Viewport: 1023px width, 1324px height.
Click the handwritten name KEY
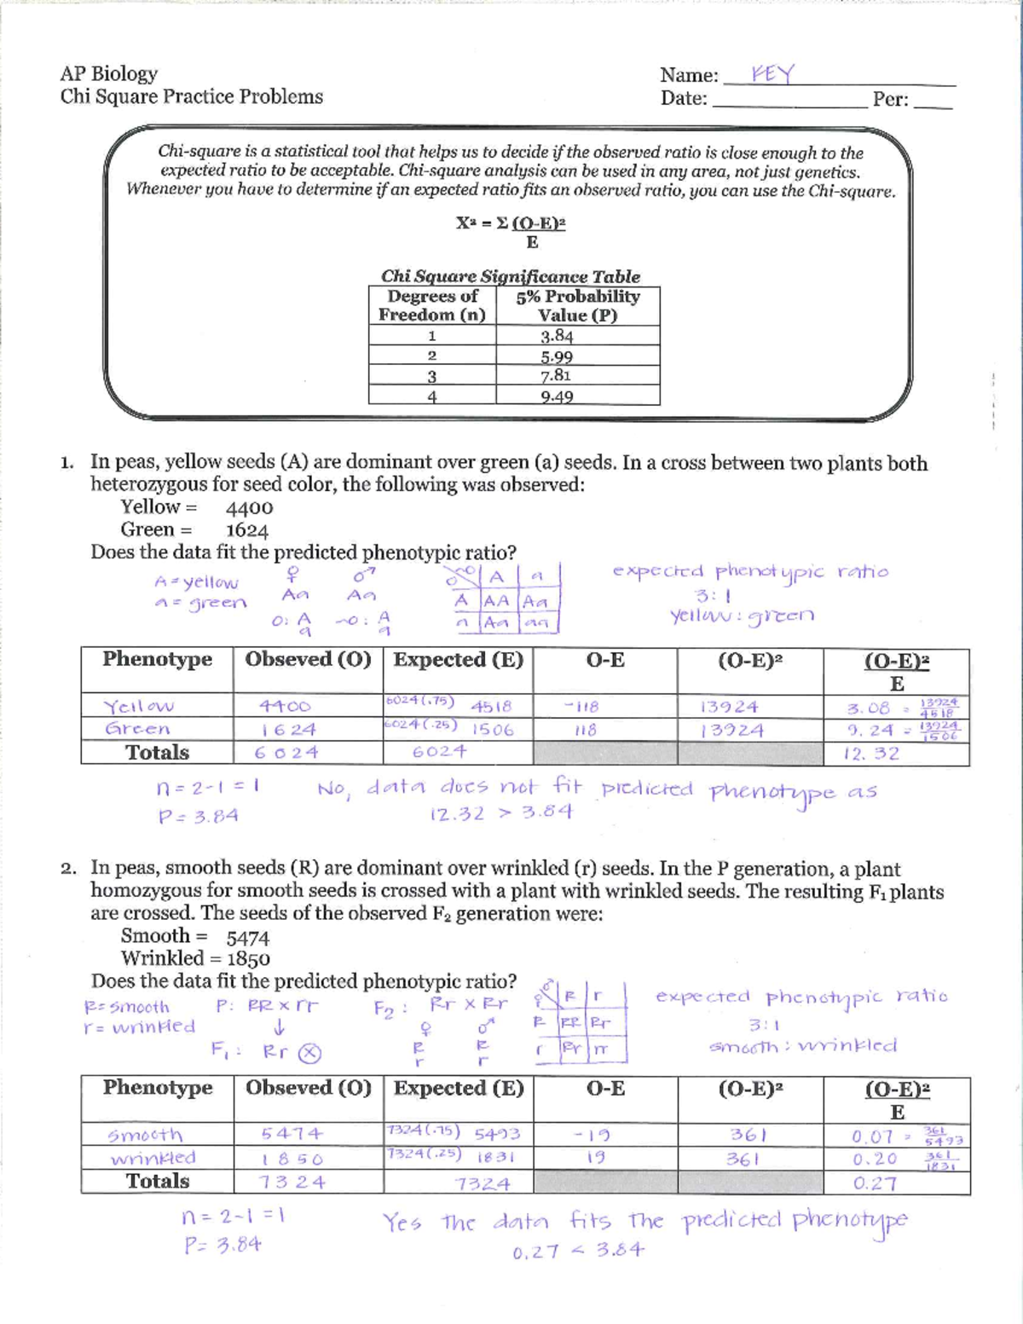point(772,74)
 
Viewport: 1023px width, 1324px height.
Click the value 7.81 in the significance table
point(556,376)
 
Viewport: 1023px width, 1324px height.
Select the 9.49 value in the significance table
point(556,396)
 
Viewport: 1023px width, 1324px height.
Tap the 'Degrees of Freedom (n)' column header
point(432,305)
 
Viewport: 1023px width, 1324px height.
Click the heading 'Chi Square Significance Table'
point(510,276)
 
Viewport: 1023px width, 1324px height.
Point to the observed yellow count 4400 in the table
point(286,706)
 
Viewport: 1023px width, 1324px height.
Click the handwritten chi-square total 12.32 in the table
point(870,754)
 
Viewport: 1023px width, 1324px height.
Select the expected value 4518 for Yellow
point(491,707)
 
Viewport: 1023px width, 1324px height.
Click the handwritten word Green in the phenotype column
point(137,729)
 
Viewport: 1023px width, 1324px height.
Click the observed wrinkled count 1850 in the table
point(292,1159)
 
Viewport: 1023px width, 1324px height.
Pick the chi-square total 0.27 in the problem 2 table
point(874,1183)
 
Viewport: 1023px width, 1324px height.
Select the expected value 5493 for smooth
point(497,1135)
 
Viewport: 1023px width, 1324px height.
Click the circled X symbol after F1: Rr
point(309,1053)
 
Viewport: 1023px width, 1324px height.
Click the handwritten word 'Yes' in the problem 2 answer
point(402,1223)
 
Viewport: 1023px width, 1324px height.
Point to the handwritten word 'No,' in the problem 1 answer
point(333,789)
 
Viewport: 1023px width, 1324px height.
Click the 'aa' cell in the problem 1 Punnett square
point(536,624)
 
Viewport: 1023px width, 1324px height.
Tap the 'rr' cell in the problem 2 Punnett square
point(600,1049)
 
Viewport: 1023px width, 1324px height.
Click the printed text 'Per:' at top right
point(890,99)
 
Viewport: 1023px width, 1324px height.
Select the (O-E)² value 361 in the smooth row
point(748,1135)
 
